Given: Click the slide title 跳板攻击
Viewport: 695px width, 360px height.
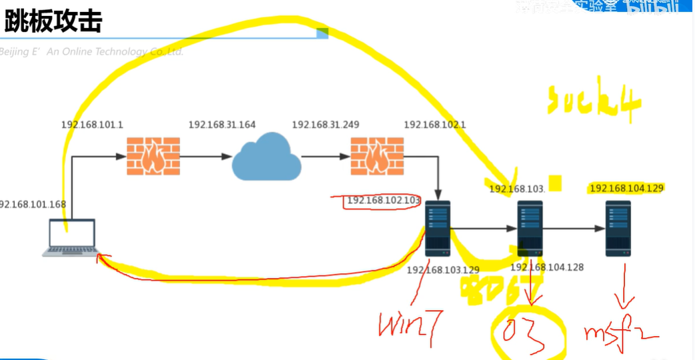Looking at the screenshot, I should pos(53,21).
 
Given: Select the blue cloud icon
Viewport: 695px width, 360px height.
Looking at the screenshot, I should pos(265,157).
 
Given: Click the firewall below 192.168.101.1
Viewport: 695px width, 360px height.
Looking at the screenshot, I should pos(153,157).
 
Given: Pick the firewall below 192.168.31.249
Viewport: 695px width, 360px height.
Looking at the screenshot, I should pos(377,157).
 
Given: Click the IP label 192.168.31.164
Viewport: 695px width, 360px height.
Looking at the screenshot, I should pos(221,125).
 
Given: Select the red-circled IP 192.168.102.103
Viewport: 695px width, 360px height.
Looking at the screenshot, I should pos(384,200).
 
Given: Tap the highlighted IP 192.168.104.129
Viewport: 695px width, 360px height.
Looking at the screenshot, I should pos(626,189).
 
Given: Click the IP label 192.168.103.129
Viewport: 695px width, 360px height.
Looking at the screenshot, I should pos(443,269).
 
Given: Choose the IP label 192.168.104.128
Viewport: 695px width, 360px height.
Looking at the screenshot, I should pos(547,267).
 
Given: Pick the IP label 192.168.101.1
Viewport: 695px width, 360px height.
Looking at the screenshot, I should pos(92,125).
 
